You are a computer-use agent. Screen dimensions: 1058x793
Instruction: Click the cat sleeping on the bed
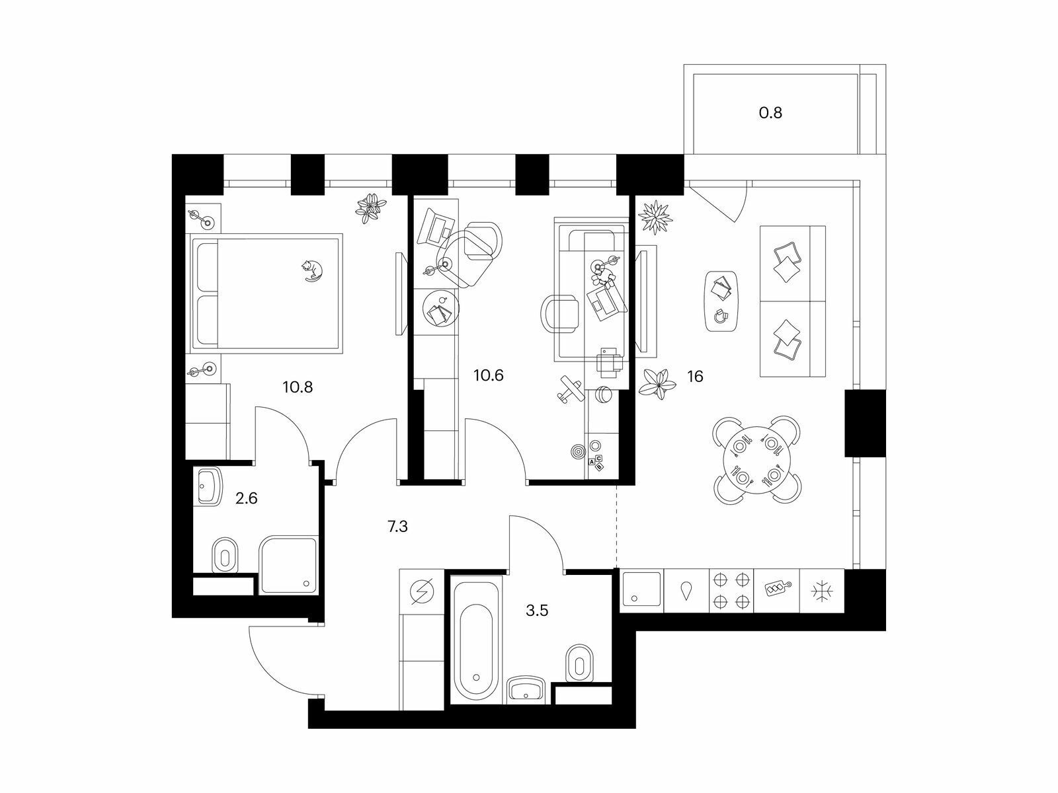coord(312,270)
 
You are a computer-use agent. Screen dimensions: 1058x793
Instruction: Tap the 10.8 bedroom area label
coord(298,387)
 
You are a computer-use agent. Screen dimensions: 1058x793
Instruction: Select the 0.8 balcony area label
coord(771,113)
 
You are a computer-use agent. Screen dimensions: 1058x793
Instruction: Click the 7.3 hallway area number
coord(397,527)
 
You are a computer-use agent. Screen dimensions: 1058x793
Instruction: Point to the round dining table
coord(756,461)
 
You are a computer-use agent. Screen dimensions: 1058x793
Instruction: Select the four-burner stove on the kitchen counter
coord(731,590)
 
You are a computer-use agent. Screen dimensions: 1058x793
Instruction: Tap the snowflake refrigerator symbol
coord(821,591)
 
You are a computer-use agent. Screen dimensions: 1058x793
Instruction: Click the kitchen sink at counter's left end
coord(641,588)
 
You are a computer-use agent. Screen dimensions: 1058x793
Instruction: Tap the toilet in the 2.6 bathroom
coord(225,556)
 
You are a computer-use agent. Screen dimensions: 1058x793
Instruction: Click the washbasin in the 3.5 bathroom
coord(526,691)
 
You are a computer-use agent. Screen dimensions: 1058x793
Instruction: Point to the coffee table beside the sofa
coord(721,301)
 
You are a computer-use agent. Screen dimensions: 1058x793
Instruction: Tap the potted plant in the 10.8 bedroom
coord(371,208)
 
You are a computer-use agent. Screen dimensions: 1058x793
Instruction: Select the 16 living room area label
coord(695,376)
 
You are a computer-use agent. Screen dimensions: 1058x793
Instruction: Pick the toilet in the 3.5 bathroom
coord(579,663)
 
